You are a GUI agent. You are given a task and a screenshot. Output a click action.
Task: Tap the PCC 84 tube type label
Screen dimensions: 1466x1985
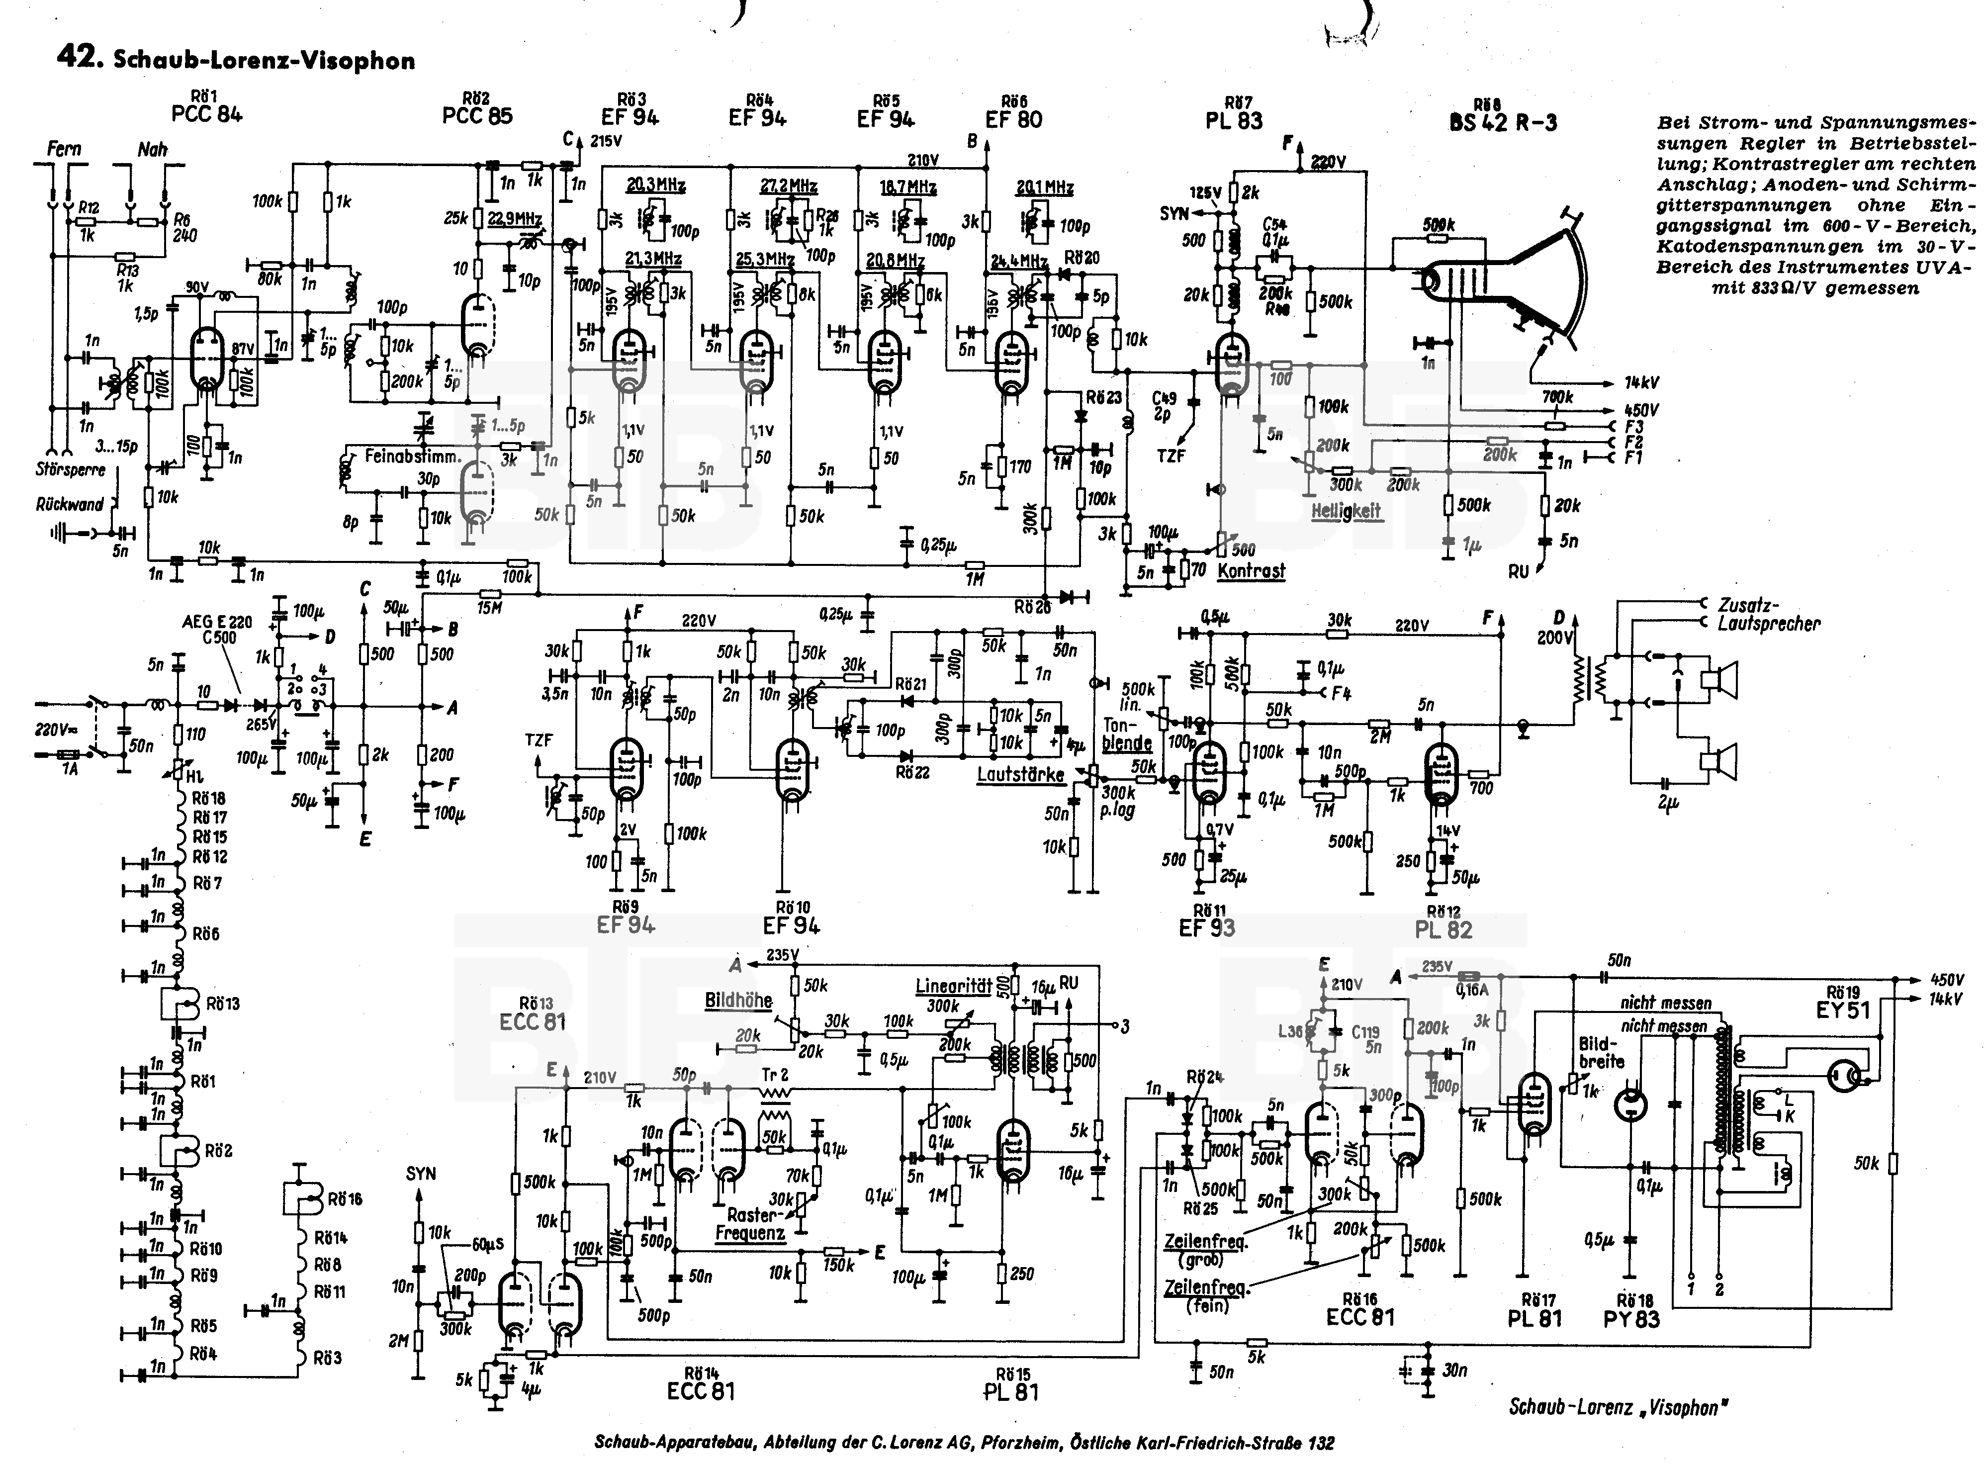(x=207, y=114)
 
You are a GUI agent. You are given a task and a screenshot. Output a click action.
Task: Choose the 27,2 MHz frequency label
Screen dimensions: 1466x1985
(x=789, y=186)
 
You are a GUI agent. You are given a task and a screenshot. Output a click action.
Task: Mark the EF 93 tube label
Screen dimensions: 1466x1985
(x=1207, y=928)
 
